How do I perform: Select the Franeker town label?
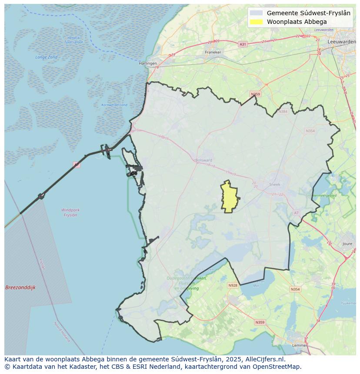click(x=213, y=52)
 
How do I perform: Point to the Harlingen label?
click(x=148, y=63)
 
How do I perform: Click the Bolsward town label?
click(x=203, y=160)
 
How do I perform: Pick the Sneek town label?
click(x=275, y=184)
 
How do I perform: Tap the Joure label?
click(x=347, y=244)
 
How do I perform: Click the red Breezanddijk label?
click(x=20, y=288)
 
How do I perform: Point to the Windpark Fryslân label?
click(x=70, y=212)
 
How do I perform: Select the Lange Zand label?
click(x=47, y=57)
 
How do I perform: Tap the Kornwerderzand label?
click(x=114, y=105)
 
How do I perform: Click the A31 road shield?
click(x=243, y=44)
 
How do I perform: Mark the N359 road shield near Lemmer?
click(x=260, y=322)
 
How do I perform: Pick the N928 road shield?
click(x=233, y=285)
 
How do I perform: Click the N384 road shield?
click(x=283, y=112)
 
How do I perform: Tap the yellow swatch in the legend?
click(x=257, y=22)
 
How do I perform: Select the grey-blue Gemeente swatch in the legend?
click(x=257, y=13)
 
